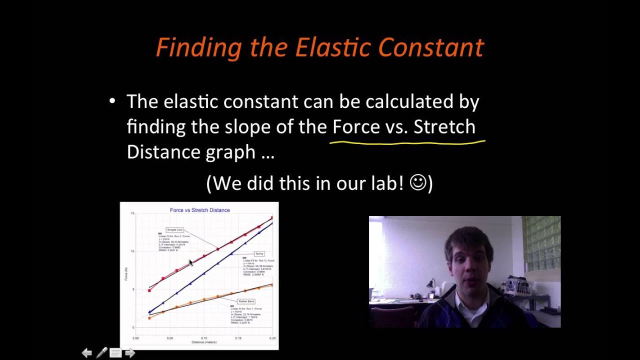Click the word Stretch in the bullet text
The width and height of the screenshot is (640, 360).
(x=444, y=126)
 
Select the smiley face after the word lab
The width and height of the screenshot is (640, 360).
(x=418, y=182)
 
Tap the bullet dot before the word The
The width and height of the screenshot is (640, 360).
(x=112, y=101)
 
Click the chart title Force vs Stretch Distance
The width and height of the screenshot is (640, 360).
(x=199, y=210)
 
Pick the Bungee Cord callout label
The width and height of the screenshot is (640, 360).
(x=175, y=230)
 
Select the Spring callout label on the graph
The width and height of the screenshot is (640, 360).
(x=259, y=254)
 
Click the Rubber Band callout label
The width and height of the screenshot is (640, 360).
(x=246, y=301)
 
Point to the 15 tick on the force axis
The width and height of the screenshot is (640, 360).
(x=132, y=213)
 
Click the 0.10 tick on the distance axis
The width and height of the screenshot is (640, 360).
(x=203, y=338)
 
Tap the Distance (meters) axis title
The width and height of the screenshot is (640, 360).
(x=203, y=342)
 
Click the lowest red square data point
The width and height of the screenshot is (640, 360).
(x=149, y=290)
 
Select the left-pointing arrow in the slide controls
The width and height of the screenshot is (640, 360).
(x=86, y=353)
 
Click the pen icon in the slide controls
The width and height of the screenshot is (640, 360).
(x=101, y=353)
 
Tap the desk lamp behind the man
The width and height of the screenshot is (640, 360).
(x=430, y=285)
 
